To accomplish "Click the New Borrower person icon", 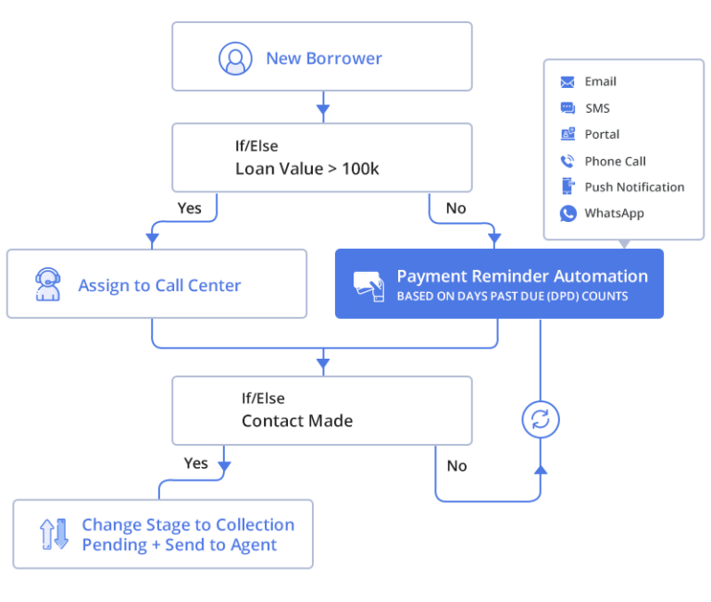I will [x=235, y=58].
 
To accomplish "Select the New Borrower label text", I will [x=323, y=58].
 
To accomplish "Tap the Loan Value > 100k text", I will [x=306, y=168].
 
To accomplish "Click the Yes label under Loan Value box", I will [x=189, y=208].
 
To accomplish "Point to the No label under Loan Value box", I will [x=455, y=208].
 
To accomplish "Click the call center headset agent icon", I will [x=47, y=285].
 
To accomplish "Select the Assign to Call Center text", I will [x=159, y=286].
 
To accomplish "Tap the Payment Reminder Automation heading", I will [x=522, y=276].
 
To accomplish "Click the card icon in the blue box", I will [x=368, y=284].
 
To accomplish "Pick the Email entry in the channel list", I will [x=600, y=81].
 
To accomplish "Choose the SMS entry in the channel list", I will [x=597, y=108].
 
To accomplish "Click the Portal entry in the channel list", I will [x=602, y=134].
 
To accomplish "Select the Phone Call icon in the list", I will [x=568, y=161].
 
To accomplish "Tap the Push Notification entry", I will [x=634, y=187].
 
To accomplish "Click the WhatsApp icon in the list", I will [x=568, y=214].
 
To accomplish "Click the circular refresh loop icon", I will [x=541, y=420].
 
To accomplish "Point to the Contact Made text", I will [x=296, y=421].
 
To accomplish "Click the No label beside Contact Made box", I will [x=456, y=466].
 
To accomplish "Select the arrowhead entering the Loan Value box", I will [x=322, y=113].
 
